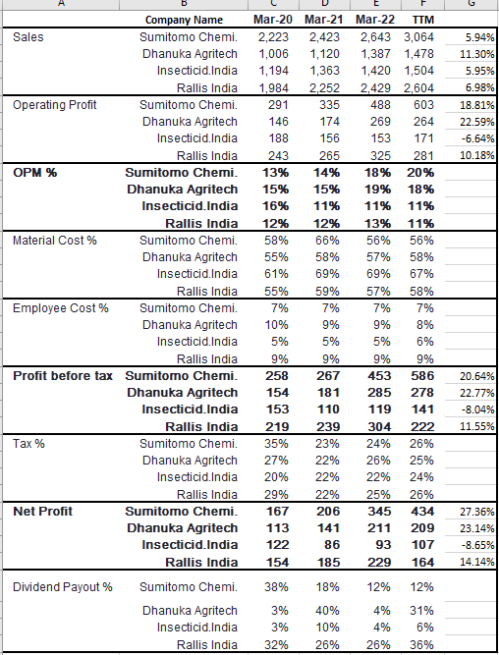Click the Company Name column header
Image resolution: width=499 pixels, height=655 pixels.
click(x=184, y=20)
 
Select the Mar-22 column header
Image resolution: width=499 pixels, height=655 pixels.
click(x=375, y=20)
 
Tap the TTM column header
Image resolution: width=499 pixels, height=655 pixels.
click(x=423, y=20)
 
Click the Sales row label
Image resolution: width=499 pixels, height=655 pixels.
click(x=28, y=37)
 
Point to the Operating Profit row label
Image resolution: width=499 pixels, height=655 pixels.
click(x=55, y=105)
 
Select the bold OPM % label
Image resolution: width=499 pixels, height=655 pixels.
click(x=35, y=173)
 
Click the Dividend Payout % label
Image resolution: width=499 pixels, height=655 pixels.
click(x=63, y=587)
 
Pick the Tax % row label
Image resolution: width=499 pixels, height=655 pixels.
click(x=28, y=443)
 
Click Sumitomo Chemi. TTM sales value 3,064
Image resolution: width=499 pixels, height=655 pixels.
click(x=418, y=37)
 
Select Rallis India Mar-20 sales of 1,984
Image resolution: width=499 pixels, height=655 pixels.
click(x=273, y=88)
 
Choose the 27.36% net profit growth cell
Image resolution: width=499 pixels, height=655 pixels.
click(x=476, y=512)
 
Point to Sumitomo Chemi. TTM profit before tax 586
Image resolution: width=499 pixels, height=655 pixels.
click(x=422, y=375)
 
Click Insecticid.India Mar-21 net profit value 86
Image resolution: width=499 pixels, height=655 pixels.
click(x=328, y=545)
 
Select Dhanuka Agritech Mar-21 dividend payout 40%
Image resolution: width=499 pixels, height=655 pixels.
click(x=327, y=610)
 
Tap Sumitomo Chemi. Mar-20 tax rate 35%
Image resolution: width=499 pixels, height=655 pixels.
click(x=276, y=443)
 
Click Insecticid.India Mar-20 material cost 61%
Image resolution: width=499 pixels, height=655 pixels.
click(x=276, y=274)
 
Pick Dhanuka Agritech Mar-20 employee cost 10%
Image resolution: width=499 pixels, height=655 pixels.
click(x=276, y=325)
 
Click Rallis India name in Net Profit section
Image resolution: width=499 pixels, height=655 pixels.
click(x=201, y=563)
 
